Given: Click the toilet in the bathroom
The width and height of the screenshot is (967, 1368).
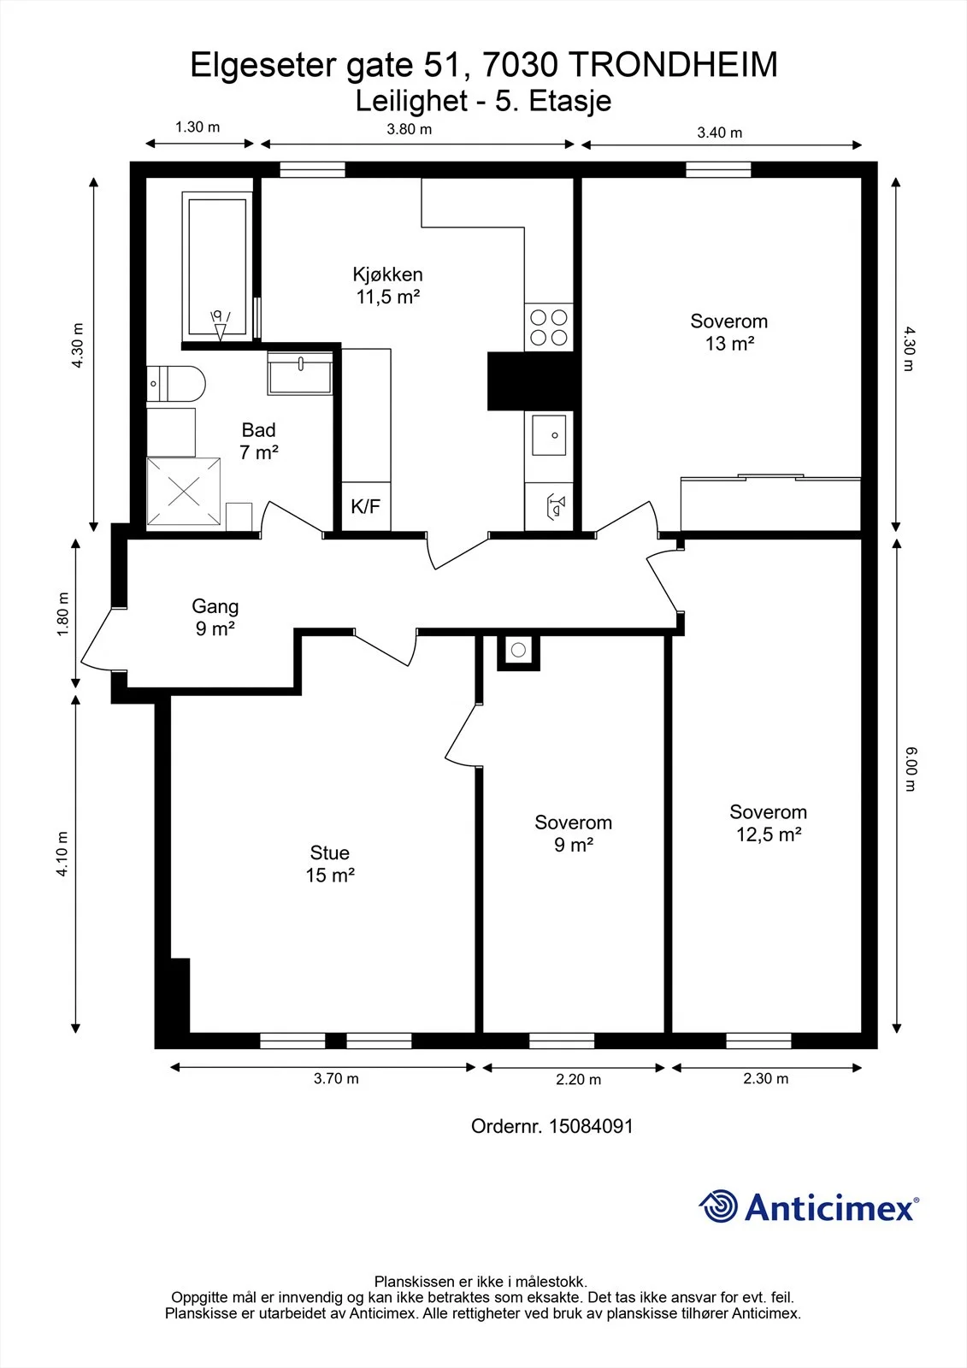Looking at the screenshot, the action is (176, 384).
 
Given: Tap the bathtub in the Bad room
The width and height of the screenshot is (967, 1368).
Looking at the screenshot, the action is (217, 267).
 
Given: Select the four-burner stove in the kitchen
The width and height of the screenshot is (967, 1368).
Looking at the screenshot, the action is (549, 327).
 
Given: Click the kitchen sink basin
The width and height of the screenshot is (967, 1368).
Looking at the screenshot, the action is (549, 435).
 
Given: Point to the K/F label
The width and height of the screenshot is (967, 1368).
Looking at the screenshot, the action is (365, 505).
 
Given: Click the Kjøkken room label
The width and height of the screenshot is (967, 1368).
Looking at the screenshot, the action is (388, 274).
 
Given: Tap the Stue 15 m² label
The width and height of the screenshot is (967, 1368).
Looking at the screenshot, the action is (330, 864).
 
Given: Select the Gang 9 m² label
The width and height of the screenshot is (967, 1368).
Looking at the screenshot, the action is (215, 616).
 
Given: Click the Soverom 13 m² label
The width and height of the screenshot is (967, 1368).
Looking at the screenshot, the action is (728, 333).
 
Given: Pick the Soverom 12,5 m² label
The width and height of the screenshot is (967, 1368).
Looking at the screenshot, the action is (769, 823).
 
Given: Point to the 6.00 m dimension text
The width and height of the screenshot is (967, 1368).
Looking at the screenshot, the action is (911, 769).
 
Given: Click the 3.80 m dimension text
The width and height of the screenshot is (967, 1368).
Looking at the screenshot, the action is (410, 129).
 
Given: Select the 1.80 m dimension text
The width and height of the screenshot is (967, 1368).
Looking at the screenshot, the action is (62, 614).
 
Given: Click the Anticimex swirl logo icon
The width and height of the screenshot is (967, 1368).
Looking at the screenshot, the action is (718, 1206).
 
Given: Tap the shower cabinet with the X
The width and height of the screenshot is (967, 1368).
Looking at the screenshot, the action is (184, 492).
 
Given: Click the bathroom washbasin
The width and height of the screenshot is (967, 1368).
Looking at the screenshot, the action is (300, 373).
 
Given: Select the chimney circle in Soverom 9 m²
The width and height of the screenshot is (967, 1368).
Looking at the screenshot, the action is (519, 650).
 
